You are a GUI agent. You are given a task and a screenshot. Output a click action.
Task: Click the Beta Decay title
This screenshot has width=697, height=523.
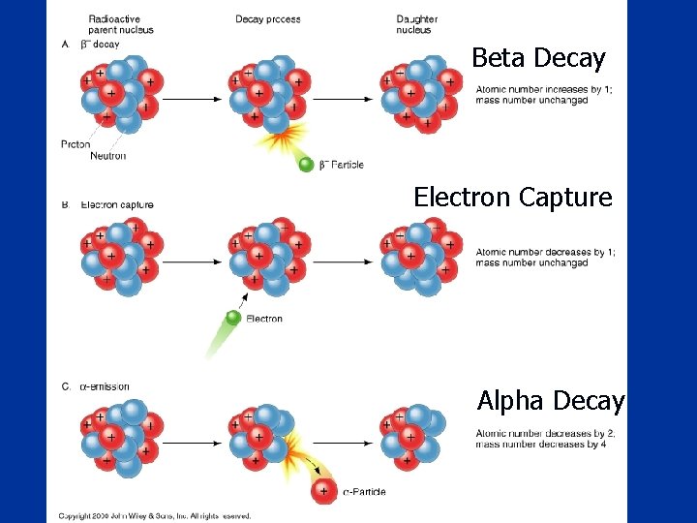coord(538,58)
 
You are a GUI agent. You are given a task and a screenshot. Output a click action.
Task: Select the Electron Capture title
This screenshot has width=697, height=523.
coord(513,198)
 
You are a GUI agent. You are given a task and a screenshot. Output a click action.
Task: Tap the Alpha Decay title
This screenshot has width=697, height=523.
coord(551,400)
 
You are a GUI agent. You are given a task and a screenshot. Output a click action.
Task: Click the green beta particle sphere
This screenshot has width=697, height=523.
coord(306,165)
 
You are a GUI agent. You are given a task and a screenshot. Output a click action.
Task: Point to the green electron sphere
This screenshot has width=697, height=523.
coord(233,318)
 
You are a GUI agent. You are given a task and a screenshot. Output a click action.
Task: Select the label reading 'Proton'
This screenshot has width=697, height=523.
coord(76,144)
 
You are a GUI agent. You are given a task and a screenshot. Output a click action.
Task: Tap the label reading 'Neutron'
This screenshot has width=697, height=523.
coord(107,156)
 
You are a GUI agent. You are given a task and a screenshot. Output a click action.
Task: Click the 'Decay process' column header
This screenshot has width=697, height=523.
coord(268,19)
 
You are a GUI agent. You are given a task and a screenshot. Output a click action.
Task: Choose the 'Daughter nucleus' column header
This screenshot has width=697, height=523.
coord(417,24)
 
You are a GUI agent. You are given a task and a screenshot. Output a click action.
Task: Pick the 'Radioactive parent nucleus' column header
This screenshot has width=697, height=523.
coord(121,24)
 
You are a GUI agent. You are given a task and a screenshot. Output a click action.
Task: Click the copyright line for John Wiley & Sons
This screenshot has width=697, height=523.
coord(155,516)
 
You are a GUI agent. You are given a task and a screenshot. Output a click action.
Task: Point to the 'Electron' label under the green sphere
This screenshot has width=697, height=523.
coord(264,319)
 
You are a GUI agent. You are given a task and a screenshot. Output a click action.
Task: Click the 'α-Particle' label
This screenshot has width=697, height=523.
coord(364,492)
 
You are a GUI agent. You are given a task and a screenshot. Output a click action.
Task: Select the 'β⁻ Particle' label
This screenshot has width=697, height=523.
coord(342,165)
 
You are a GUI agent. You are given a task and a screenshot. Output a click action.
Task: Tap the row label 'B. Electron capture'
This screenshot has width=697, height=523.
coord(109,205)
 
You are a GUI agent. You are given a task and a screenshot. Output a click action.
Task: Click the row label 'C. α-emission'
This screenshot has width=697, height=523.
coord(97,387)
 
